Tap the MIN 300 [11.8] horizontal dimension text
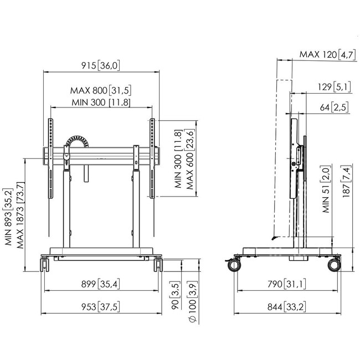[x=101, y=102]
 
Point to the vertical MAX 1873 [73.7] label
[x=20, y=215]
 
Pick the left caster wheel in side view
[x=234, y=265]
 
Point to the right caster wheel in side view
[x=334, y=265]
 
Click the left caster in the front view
[x=45, y=265]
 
